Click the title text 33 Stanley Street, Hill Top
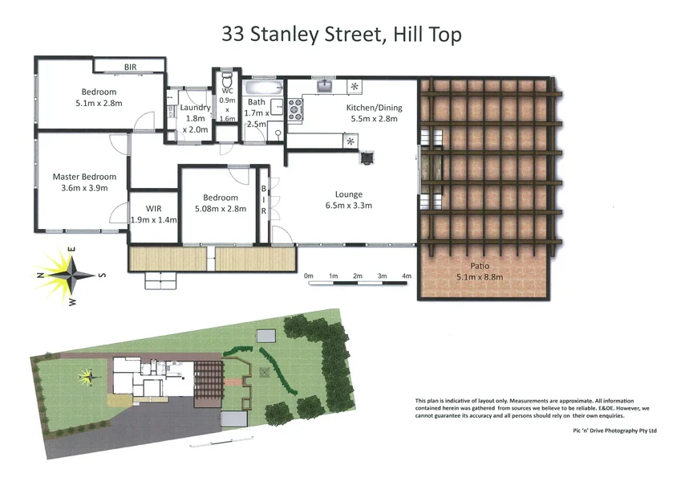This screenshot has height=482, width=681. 341,35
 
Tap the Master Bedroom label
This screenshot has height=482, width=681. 84,177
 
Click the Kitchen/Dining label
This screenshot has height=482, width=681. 374,108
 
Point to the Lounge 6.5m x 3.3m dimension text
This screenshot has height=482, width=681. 349,206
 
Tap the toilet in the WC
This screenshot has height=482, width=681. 227,81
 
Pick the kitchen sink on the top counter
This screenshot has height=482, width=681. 326,85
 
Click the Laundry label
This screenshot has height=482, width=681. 195,108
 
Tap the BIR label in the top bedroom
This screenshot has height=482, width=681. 130,67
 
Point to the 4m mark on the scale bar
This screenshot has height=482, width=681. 407,276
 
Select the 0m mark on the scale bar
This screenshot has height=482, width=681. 309,276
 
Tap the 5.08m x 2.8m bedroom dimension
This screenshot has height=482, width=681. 221,209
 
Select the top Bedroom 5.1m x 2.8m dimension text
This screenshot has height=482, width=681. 97,103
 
